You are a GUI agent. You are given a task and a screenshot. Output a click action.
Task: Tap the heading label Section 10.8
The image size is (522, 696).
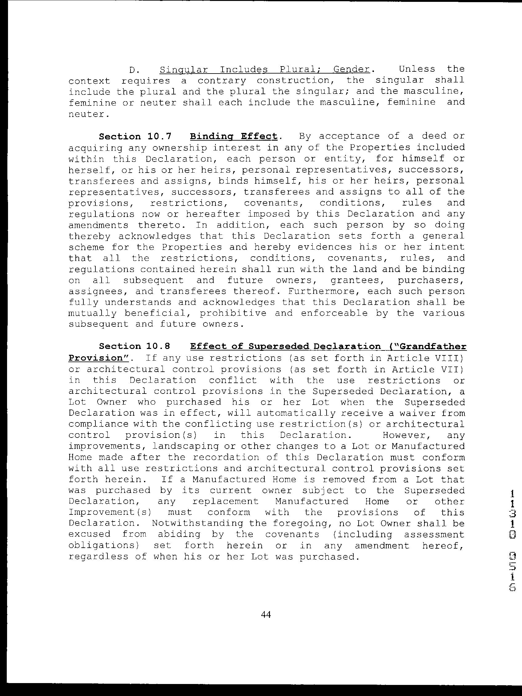[135, 346]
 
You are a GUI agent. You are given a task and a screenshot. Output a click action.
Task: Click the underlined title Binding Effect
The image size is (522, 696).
[234, 137]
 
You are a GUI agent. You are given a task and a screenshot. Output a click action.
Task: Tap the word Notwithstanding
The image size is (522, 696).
[197, 523]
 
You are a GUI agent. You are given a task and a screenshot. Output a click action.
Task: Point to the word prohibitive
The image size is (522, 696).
[233, 314]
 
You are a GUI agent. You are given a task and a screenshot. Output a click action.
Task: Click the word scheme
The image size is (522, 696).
[82, 247]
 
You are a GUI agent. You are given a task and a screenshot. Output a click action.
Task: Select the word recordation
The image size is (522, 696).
[226, 457]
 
